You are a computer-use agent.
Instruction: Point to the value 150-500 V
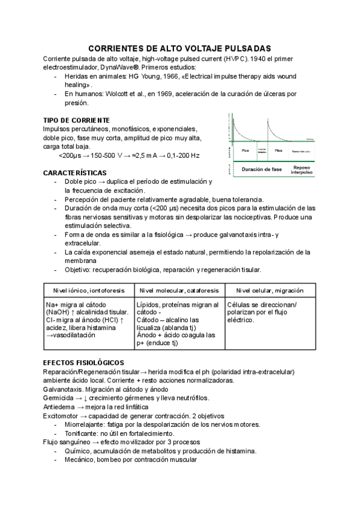tap(108, 155)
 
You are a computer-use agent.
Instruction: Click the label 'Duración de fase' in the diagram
tap(262, 169)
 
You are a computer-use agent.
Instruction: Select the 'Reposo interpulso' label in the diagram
tap(302, 170)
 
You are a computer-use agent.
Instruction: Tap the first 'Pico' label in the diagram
tap(245, 151)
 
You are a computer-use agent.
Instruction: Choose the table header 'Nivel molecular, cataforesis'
tap(179, 291)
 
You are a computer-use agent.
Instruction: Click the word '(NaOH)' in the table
tap(58, 312)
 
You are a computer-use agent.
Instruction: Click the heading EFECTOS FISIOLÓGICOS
tap(84, 363)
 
